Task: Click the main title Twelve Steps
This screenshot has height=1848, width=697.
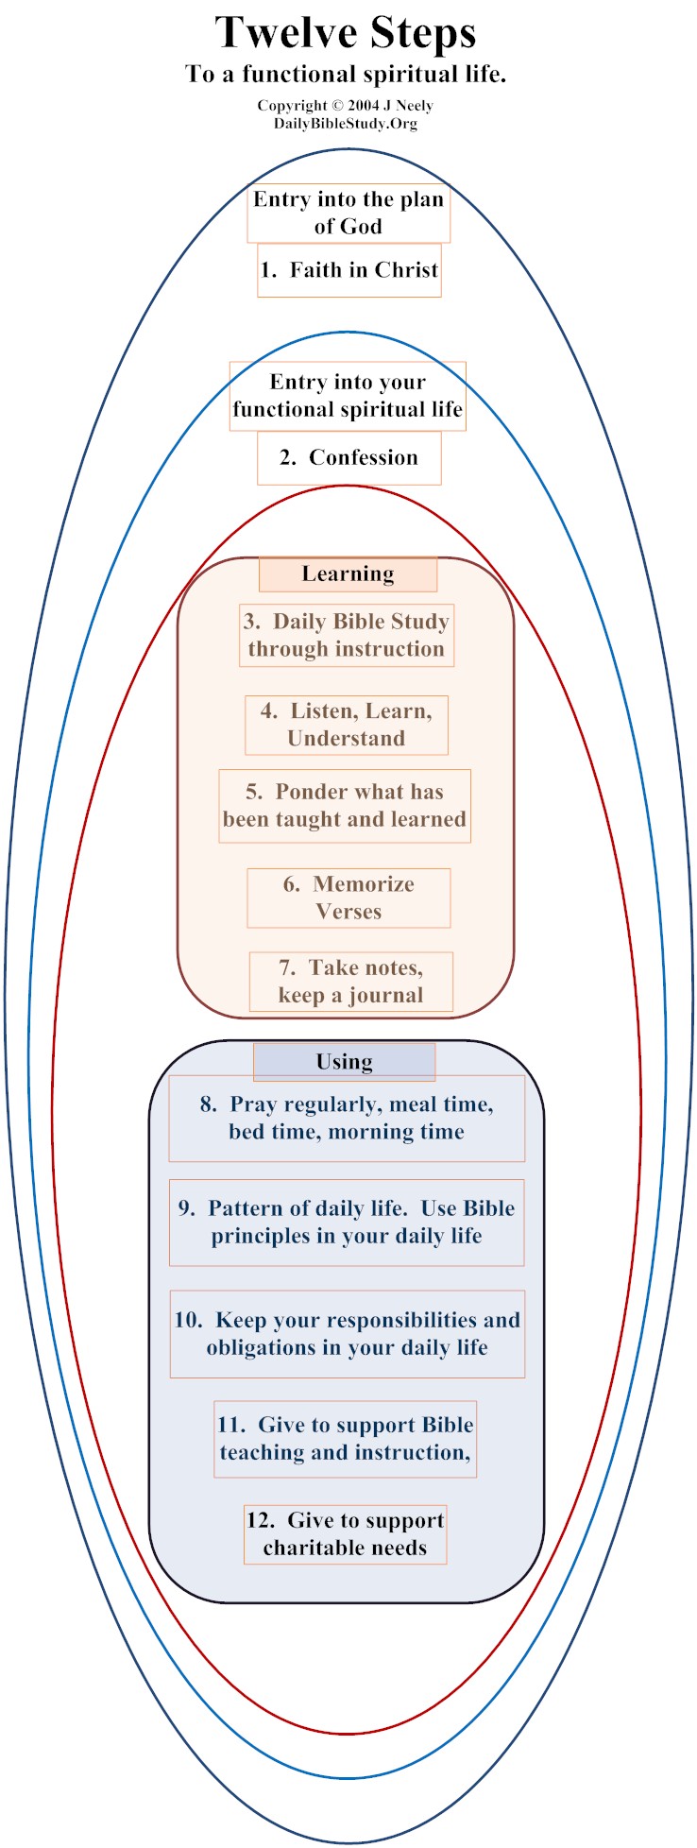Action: [346, 33]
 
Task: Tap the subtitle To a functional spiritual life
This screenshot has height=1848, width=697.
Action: [346, 75]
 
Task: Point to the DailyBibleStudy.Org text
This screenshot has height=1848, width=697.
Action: [346, 124]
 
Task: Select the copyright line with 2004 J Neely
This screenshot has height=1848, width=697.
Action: [346, 106]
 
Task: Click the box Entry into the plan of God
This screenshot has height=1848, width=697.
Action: [348, 214]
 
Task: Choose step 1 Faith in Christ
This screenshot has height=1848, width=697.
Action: [349, 271]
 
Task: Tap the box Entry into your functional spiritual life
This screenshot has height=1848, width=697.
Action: [348, 396]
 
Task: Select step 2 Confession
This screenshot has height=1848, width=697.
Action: [349, 458]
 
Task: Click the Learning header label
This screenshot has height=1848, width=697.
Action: [348, 574]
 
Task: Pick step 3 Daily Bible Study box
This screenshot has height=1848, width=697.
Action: [347, 636]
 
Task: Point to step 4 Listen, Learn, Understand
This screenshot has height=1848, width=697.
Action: [347, 726]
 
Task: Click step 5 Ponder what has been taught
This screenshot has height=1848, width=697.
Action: [345, 806]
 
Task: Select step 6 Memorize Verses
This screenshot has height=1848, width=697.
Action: [348, 898]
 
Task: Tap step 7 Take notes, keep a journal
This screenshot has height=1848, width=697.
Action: [351, 982]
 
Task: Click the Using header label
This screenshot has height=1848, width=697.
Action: [345, 1062]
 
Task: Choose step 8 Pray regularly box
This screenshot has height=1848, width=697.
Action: [347, 1119]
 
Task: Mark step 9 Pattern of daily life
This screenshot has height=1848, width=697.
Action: [347, 1223]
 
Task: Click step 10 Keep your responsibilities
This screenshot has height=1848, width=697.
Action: [348, 1334]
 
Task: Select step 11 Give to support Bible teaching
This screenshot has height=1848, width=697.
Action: [346, 1439]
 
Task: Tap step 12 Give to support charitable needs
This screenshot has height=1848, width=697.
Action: [346, 1534]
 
